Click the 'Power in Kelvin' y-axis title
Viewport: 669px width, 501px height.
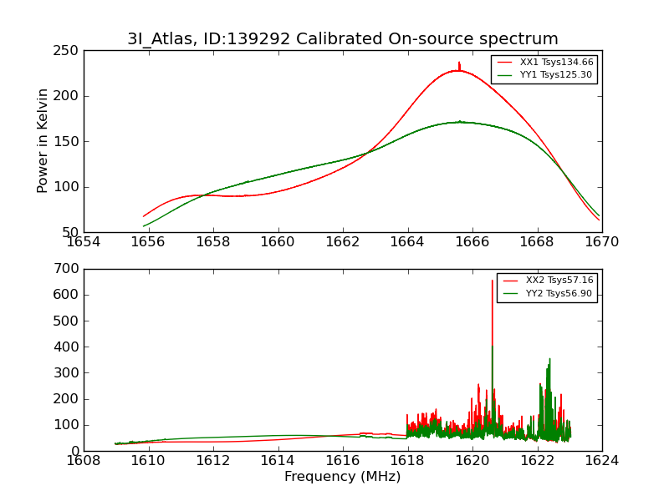[43, 141]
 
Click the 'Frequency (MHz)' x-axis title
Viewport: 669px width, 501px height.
[342, 477]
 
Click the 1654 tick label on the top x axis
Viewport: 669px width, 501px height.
[84, 241]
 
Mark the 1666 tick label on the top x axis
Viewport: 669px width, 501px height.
[472, 241]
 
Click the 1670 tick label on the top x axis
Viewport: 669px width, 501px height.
[601, 241]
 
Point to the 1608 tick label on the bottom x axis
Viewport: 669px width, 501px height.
[84, 460]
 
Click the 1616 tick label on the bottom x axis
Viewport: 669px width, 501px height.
[342, 460]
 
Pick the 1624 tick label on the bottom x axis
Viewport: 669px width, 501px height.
[601, 460]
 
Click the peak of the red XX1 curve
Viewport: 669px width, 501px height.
[458, 63]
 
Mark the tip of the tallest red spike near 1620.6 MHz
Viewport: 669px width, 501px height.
[492, 281]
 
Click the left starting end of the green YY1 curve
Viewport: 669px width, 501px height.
[144, 226]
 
